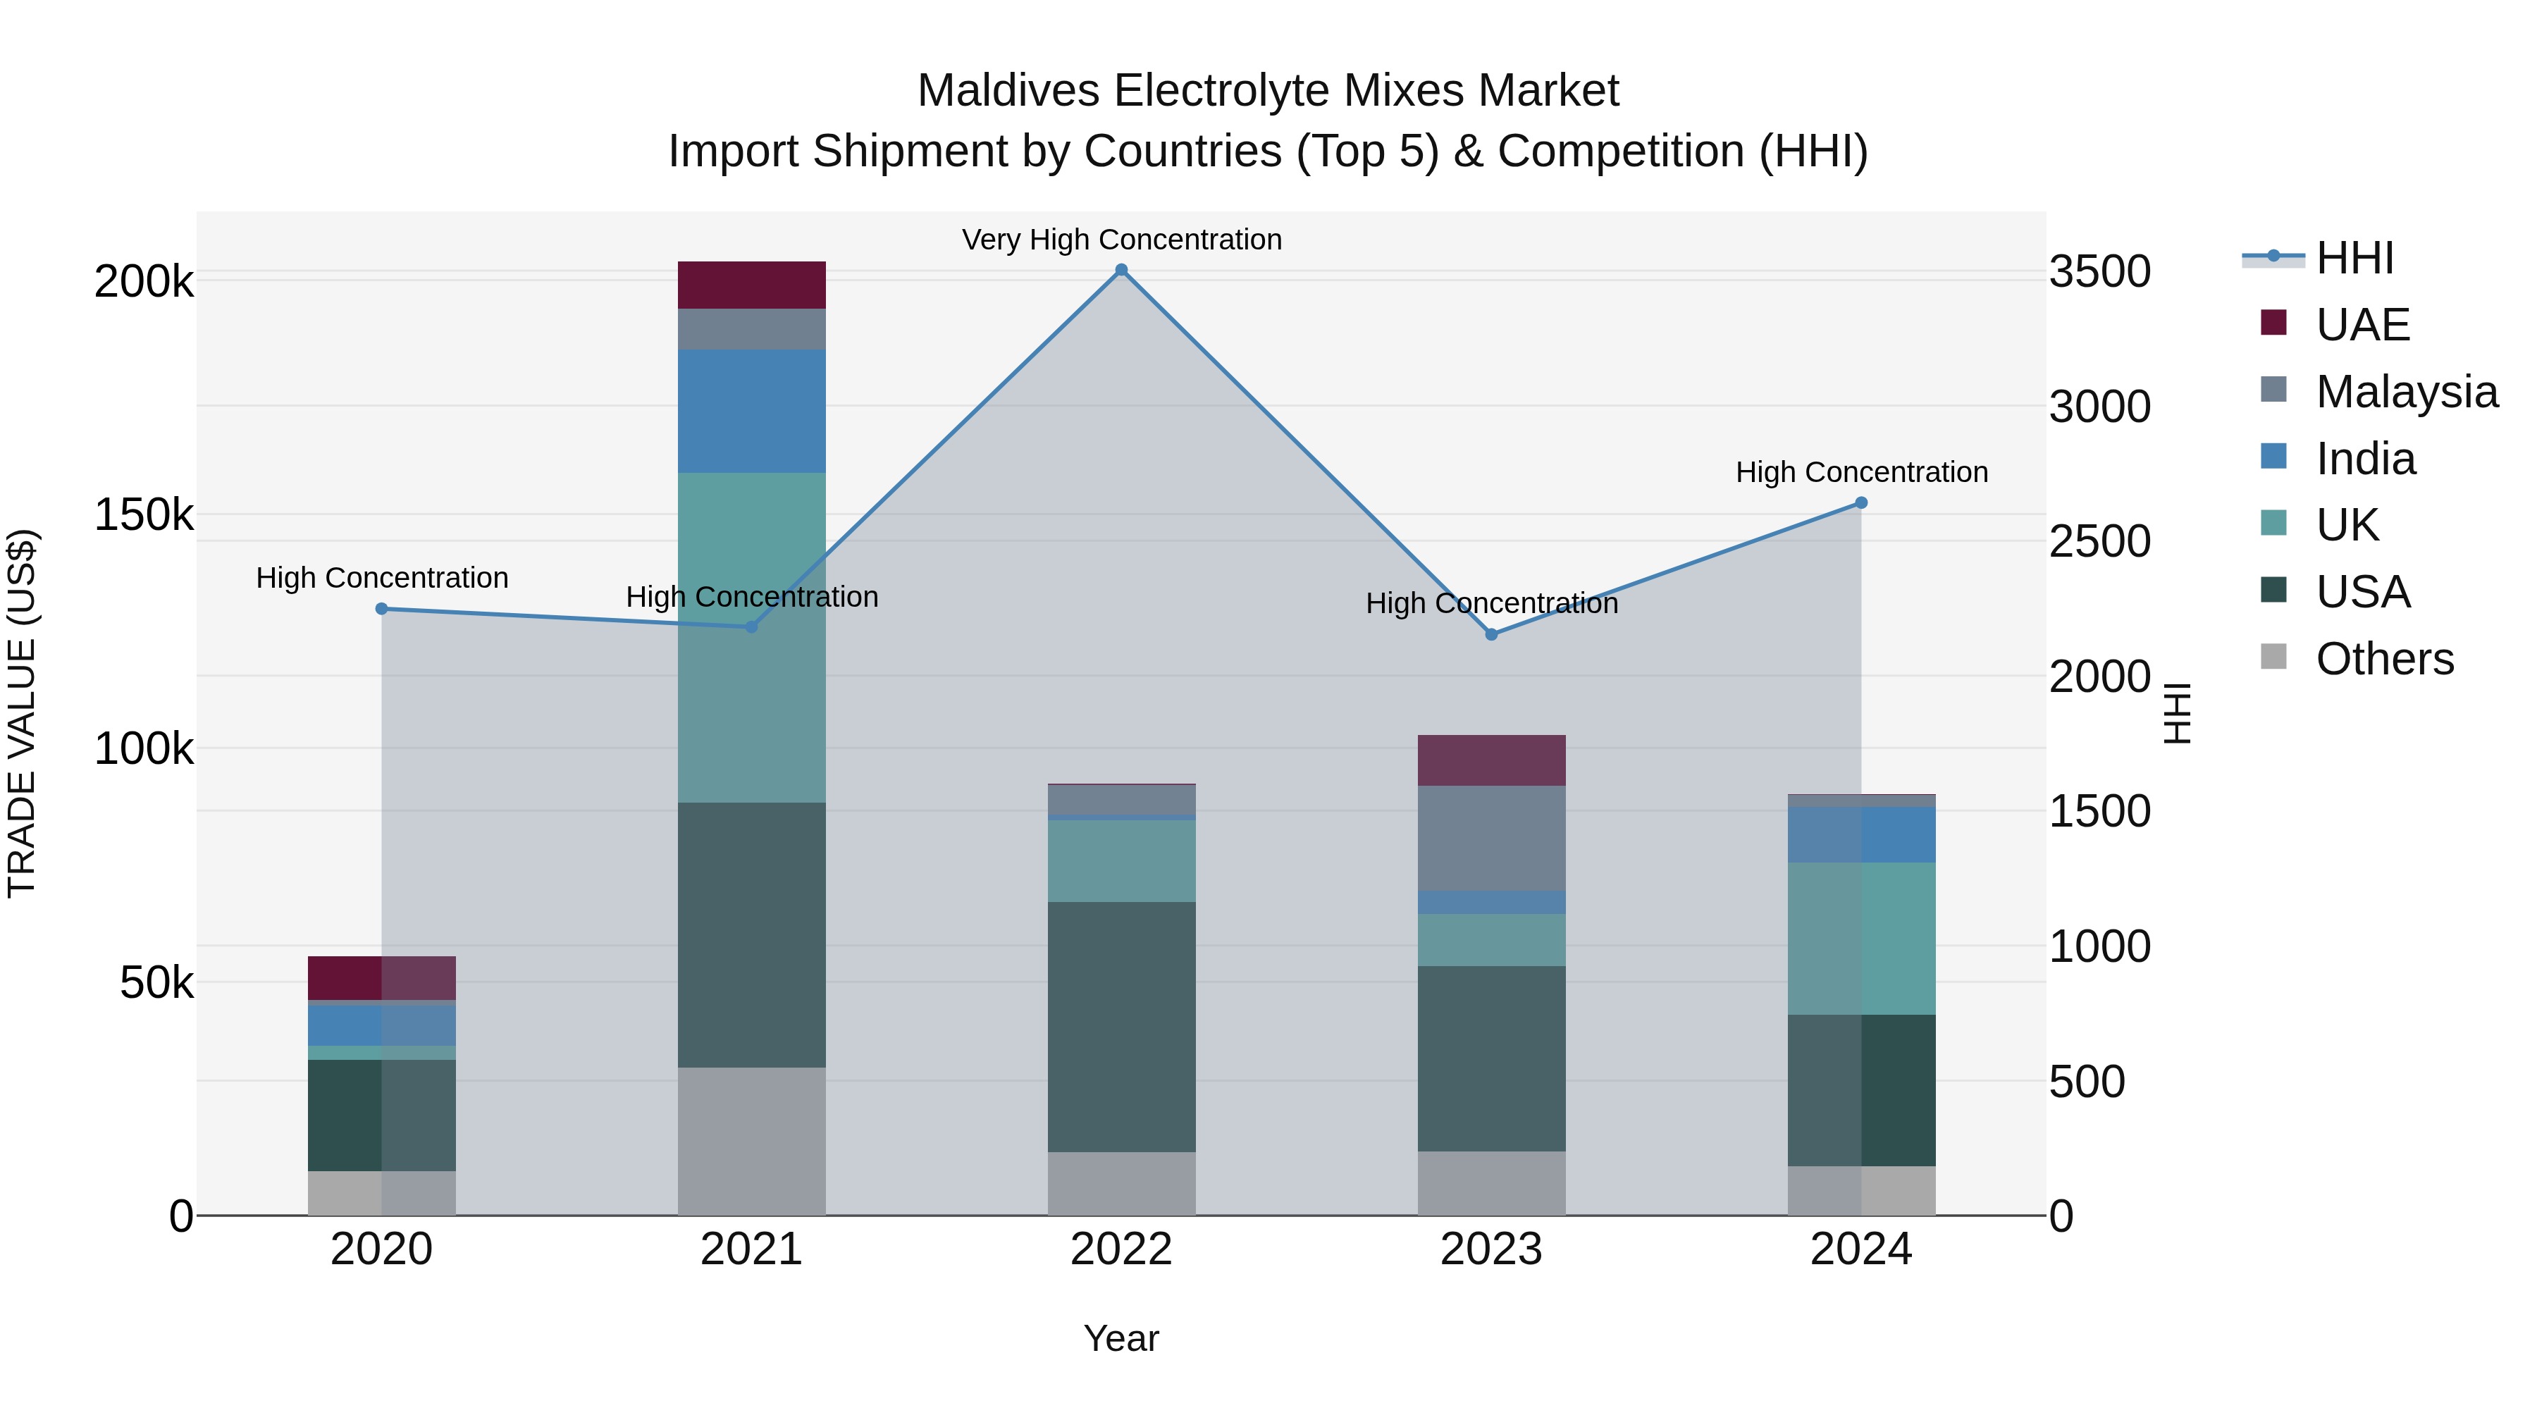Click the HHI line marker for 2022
[1121, 270]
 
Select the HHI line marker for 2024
[1860, 502]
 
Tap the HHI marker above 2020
[382, 609]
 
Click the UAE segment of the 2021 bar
[751, 285]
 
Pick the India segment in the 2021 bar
[751, 411]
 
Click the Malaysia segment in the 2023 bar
[1491, 837]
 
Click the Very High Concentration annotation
[1121, 240]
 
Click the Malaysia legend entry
[2406, 391]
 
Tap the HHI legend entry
[2354, 257]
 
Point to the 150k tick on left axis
[144, 514]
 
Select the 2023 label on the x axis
[1491, 1249]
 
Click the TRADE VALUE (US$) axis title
[22, 713]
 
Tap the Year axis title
[1121, 1338]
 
